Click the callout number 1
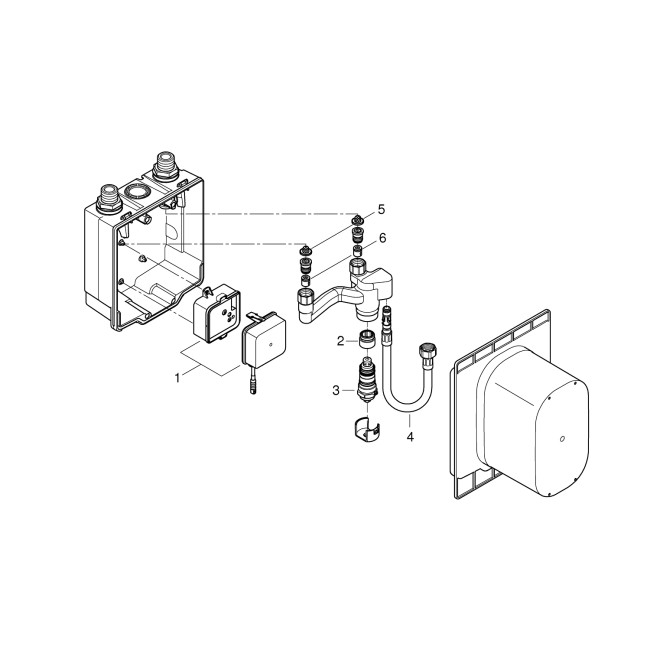pyautogui.click(x=178, y=378)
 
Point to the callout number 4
pyautogui.click(x=411, y=435)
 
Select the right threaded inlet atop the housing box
pyautogui.click(x=161, y=163)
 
